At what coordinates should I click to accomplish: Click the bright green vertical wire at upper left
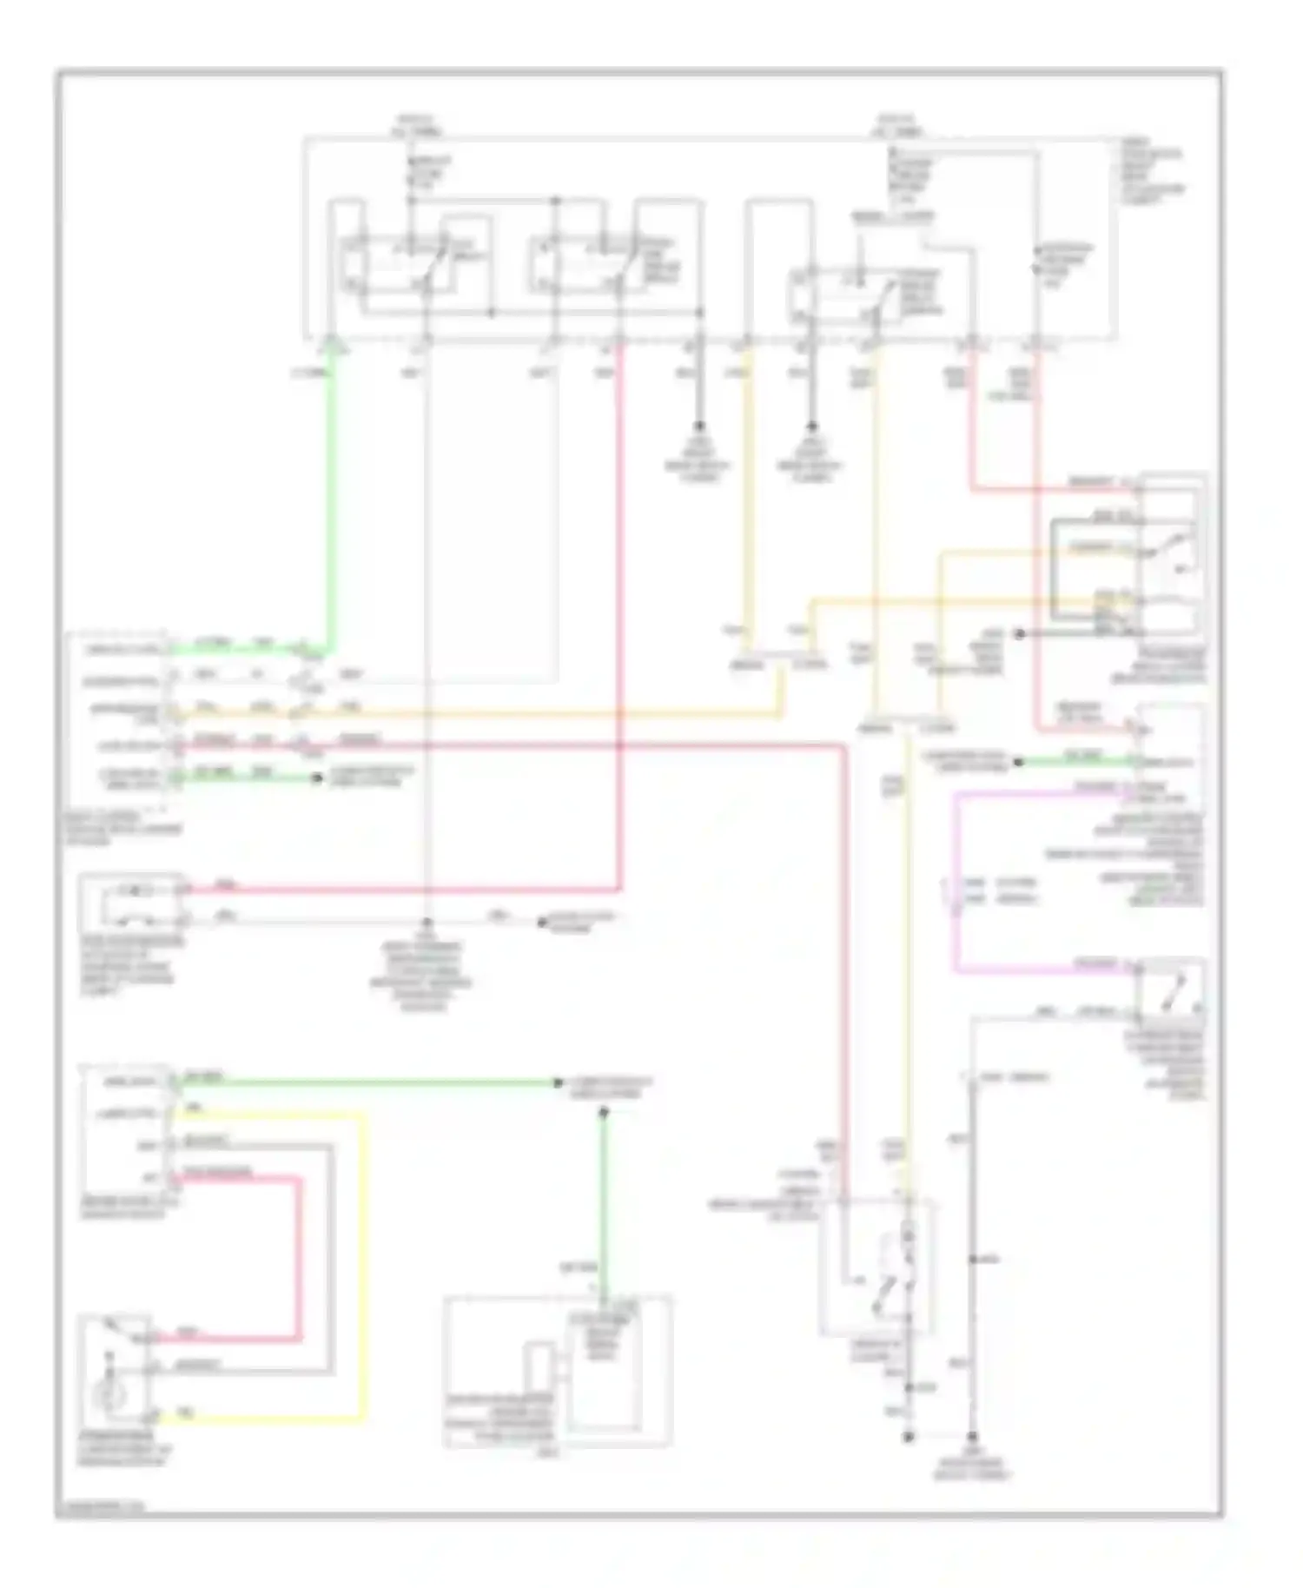(330, 504)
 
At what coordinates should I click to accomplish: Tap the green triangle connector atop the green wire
(330, 349)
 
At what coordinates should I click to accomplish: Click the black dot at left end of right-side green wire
(1020, 762)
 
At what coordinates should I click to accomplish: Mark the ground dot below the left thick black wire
(698, 428)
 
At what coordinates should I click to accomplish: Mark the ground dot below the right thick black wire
(812, 428)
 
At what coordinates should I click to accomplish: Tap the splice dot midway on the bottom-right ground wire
(973, 1259)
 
